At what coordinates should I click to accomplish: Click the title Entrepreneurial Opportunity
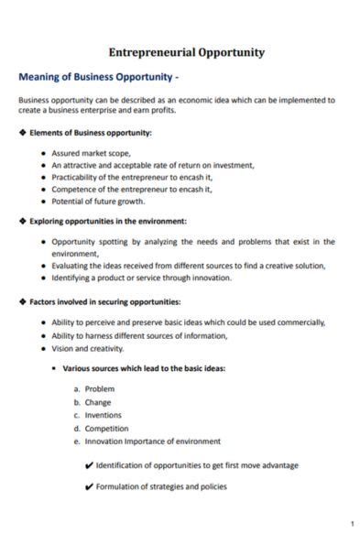tap(186, 52)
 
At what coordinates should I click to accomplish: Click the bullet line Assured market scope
tap(92, 153)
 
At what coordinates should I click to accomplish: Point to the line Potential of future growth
tap(98, 201)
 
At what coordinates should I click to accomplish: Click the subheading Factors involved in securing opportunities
tap(104, 301)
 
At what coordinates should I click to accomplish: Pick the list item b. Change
tap(97, 402)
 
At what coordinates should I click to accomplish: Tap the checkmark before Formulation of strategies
tap(89, 487)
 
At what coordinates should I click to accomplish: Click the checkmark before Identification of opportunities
tap(89, 465)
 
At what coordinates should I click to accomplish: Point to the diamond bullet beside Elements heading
tap(22, 133)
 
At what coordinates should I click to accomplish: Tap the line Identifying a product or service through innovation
tap(142, 278)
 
